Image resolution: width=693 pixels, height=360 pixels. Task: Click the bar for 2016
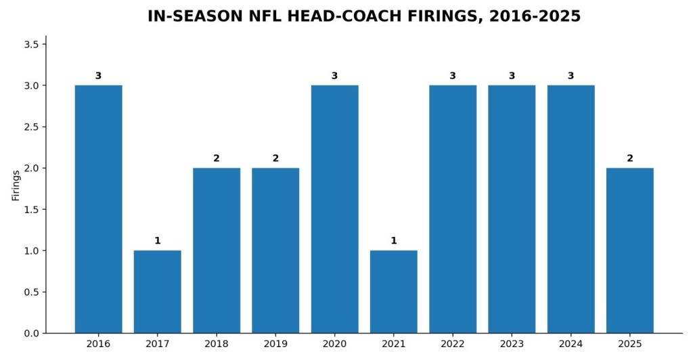click(x=99, y=209)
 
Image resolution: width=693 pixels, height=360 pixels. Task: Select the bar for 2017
click(x=157, y=292)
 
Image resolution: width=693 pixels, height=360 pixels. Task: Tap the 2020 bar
click(x=334, y=209)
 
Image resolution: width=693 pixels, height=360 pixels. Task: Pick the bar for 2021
click(x=394, y=292)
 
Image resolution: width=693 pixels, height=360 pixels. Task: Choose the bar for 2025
click(x=630, y=250)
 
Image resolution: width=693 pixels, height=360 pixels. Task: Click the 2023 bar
click(x=512, y=209)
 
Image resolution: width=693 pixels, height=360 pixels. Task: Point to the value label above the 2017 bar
click(x=157, y=241)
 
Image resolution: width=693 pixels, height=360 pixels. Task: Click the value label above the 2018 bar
click(x=217, y=158)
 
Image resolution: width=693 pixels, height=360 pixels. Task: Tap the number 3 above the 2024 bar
click(x=571, y=76)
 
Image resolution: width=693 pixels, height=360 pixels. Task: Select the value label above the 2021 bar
click(x=394, y=241)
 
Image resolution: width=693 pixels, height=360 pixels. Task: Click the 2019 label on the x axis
click(x=275, y=344)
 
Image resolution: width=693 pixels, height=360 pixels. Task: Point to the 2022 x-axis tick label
click(x=453, y=344)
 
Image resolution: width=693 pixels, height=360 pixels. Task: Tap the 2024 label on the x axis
click(x=571, y=344)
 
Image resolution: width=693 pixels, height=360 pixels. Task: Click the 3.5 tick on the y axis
click(x=32, y=44)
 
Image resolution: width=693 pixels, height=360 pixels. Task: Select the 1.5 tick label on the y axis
click(x=32, y=209)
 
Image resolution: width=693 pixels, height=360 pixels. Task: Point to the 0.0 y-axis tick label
click(x=32, y=334)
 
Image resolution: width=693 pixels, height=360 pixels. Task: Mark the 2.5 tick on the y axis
click(x=32, y=127)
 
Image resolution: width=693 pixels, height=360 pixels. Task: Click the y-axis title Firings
click(x=16, y=185)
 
